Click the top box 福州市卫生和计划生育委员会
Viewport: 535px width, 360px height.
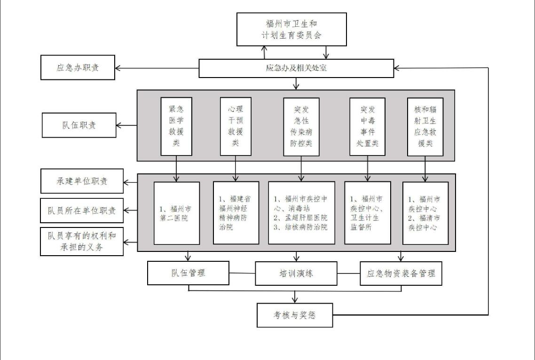pos(292,29)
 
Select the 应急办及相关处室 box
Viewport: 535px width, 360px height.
pos(296,68)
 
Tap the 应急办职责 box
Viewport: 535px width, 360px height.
pos(78,68)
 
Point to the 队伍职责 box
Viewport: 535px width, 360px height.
pos(79,125)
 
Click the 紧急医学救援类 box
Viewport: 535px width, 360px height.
pos(176,126)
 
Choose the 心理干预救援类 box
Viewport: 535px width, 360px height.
pos(236,126)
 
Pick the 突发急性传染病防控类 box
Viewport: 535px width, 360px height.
pos(301,126)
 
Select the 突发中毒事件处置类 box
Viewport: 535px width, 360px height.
pos(368,126)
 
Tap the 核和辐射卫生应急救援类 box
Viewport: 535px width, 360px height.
pos(425,126)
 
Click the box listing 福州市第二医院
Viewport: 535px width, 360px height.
pos(177,213)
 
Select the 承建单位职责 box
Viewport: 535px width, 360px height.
pos(82,181)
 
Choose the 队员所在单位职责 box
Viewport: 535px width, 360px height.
pos(82,211)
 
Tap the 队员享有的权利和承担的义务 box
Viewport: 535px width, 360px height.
pos(82,241)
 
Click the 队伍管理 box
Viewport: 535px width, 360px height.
pos(189,273)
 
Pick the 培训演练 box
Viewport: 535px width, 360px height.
pos(296,274)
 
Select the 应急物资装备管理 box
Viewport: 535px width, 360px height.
pos(401,274)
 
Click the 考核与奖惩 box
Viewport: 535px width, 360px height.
pos(295,315)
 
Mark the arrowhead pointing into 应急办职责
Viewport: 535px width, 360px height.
pos(118,68)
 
